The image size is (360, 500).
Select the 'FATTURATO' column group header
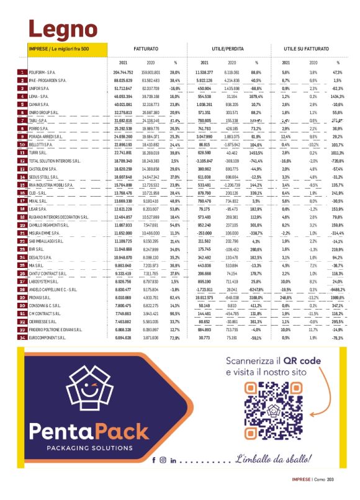pyautogui.click(x=145, y=48)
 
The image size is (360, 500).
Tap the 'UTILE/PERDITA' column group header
pyautogui.click(x=226, y=48)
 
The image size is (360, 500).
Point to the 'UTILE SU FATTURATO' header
pyautogui.click(x=307, y=48)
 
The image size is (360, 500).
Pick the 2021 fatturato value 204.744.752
pyautogui.click(x=124, y=73)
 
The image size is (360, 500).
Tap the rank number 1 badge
pyautogui.click(x=23, y=73)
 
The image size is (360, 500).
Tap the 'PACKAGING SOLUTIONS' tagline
pyautogui.click(x=89, y=447)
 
